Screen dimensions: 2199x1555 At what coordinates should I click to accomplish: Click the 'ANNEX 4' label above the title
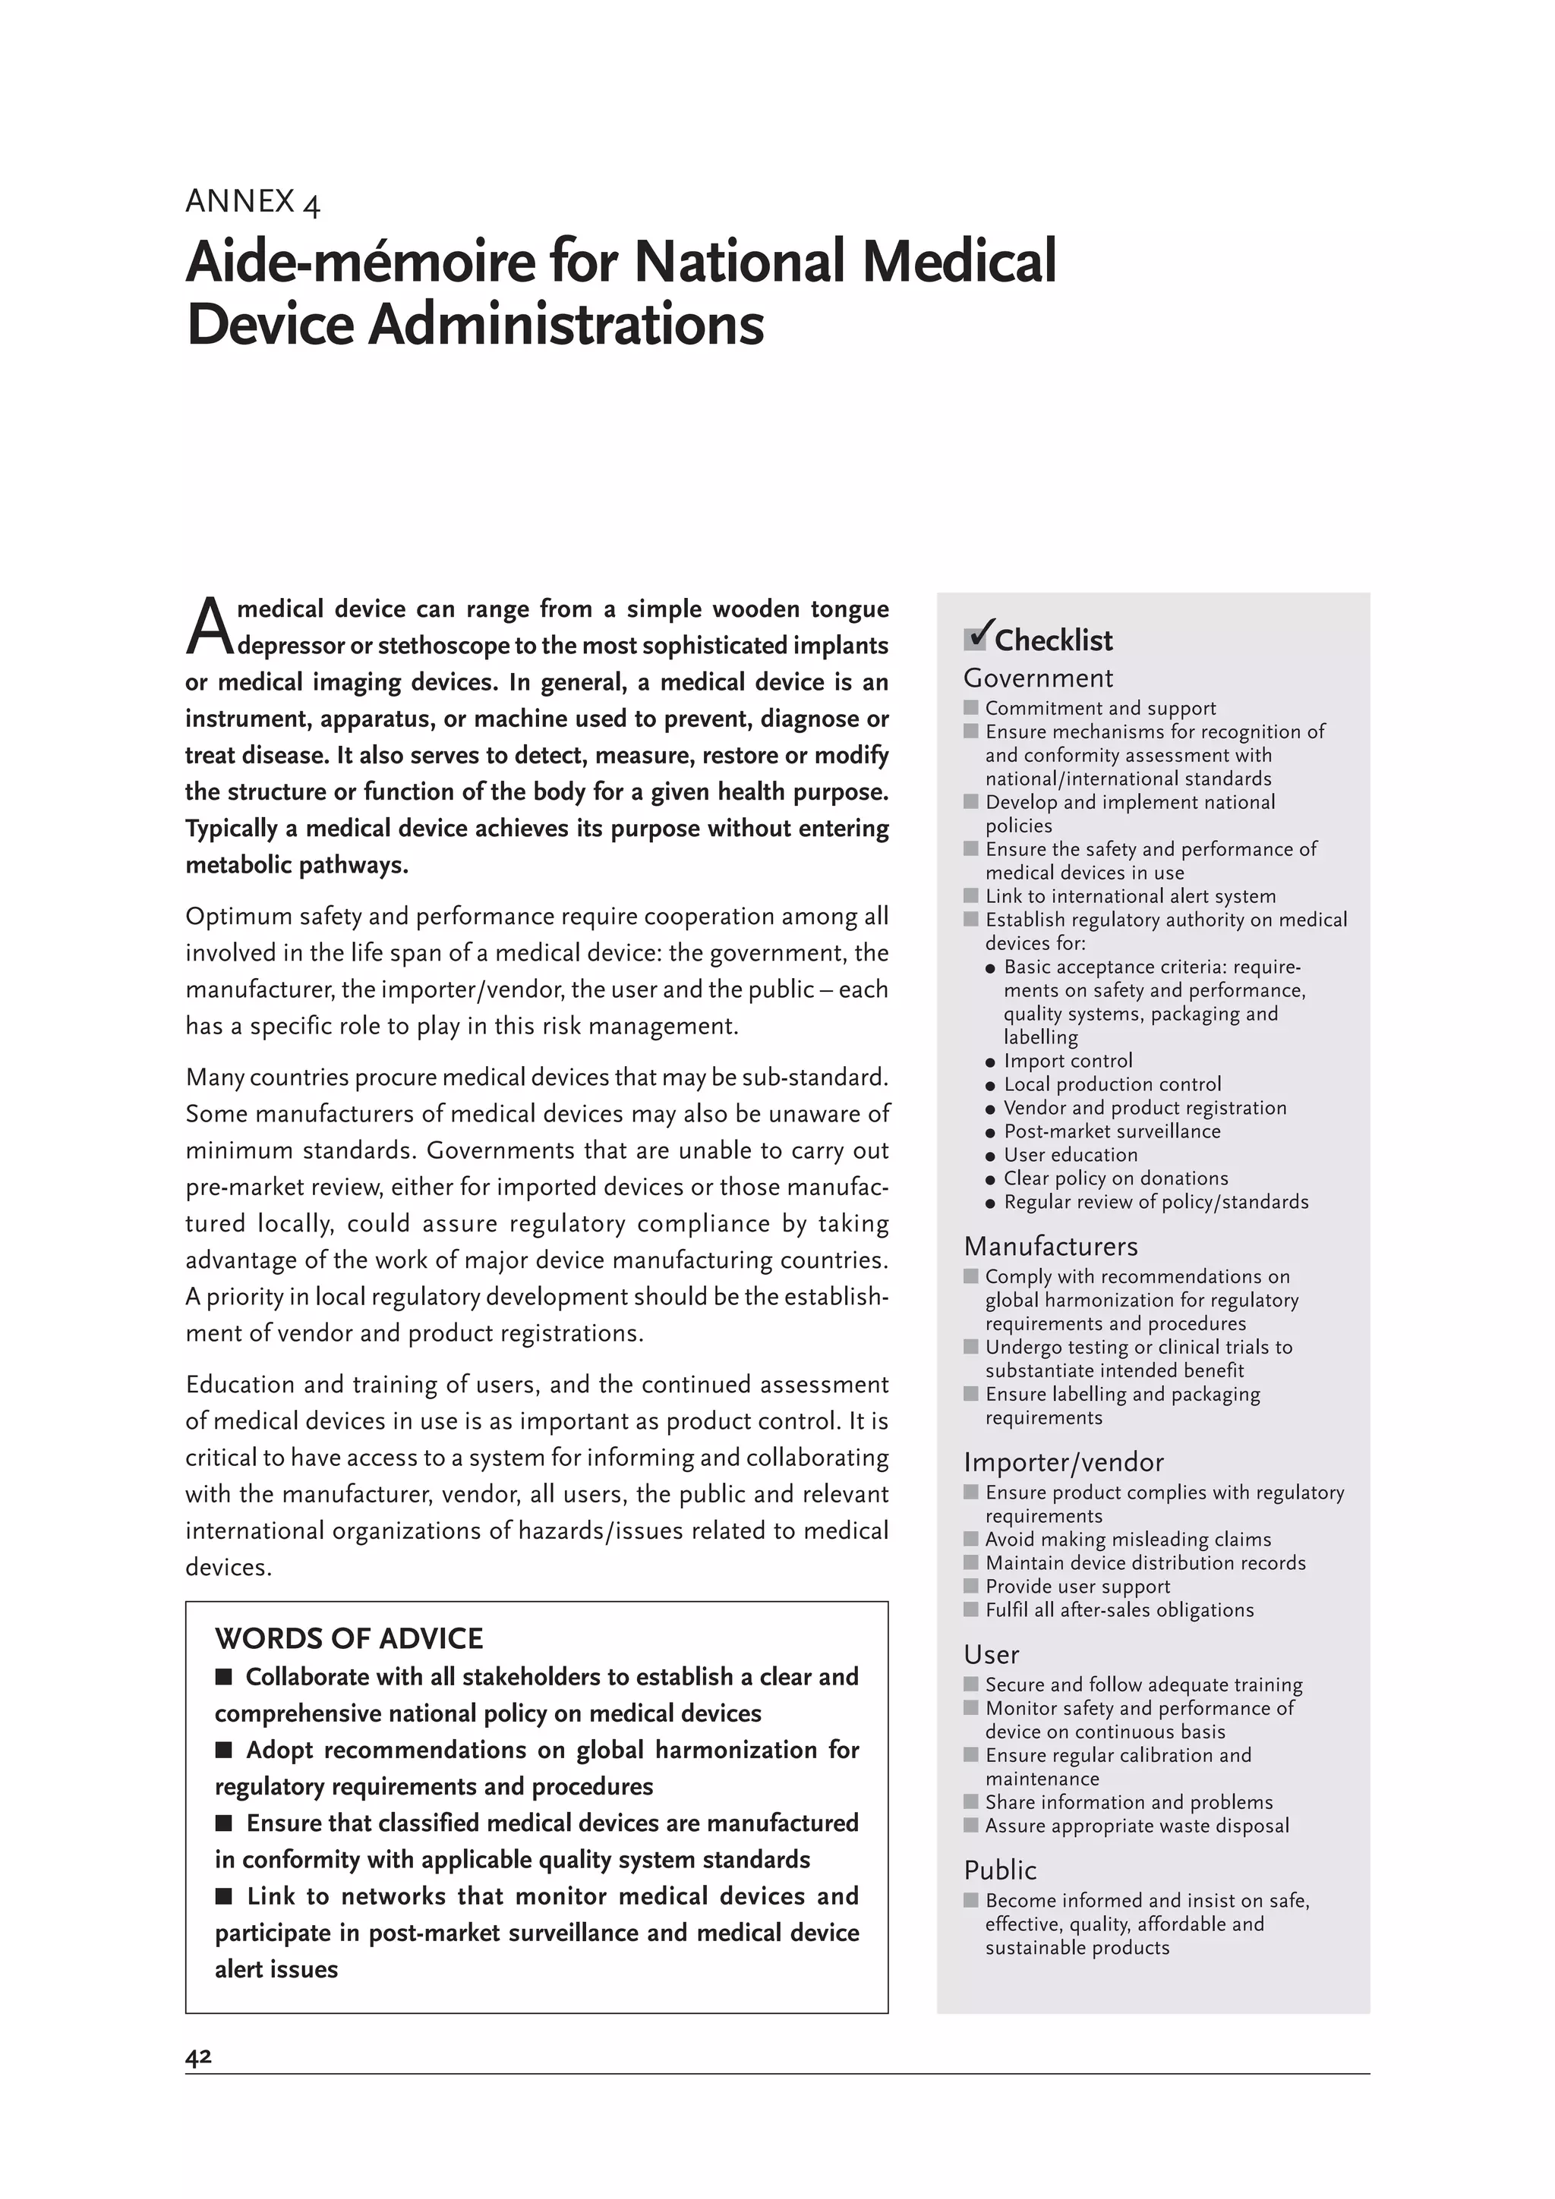point(253,202)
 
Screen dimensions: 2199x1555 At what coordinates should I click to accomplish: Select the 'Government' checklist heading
point(1038,678)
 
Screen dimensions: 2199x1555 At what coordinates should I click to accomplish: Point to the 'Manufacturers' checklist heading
point(1050,1246)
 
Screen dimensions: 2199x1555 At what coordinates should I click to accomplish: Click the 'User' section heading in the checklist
point(991,1655)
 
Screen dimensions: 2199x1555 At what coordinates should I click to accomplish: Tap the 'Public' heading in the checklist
point(1000,1870)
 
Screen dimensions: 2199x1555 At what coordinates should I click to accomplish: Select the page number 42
point(198,2057)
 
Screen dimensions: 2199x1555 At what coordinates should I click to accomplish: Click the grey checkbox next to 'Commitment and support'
point(970,708)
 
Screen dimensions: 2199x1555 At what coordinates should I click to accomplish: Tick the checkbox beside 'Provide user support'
point(970,1586)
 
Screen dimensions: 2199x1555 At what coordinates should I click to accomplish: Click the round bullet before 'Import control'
point(991,1062)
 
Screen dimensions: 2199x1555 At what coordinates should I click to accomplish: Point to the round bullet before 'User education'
point(991,1156)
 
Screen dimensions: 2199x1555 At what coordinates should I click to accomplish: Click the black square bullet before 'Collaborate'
point(224,1677)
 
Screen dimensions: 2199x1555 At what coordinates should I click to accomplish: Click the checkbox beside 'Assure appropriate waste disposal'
point(970,1826)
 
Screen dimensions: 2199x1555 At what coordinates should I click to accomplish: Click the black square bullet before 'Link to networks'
point(224,1896)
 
